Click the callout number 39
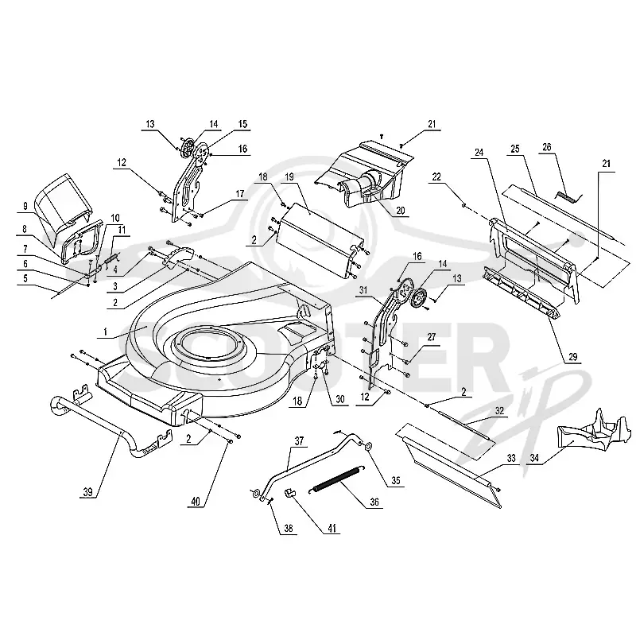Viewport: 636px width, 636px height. [87, 492]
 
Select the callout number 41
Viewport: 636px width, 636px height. [332, 528]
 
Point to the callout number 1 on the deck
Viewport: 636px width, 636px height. [106, 332]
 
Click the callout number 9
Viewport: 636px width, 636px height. [25, 206]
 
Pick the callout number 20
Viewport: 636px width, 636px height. [401, 211]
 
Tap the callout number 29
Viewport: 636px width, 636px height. [572, 357]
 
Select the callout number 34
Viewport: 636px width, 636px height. [534, 458]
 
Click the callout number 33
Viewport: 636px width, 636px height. [511, 458]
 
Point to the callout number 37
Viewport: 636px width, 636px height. [299, 441]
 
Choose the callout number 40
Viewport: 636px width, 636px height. [196, 502]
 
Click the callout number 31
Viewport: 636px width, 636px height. [363, 290]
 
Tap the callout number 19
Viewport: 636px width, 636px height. [289, 176]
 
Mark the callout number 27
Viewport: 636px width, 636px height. [432, 336]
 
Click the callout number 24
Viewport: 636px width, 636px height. [479, 153]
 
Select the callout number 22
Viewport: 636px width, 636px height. [436, 176]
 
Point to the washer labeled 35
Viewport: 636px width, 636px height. [369, 446]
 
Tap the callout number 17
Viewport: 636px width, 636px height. [240, 194]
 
